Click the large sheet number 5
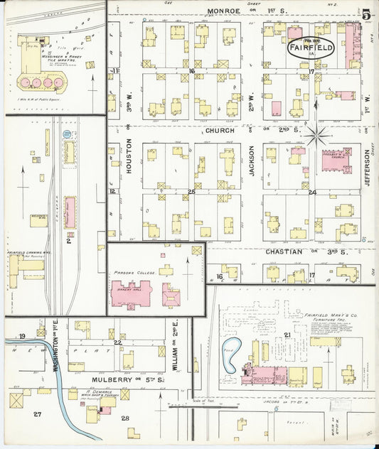click(x=365, y=14)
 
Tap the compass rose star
click(x=316, y=131)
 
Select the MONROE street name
click(x=224, y=11)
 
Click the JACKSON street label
click(x=252, y=160)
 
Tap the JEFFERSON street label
click(x=368, y=168)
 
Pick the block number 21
click(x=287, y=335)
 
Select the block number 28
click(x=126, y=418)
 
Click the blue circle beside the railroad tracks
click(x=67, y=134)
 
